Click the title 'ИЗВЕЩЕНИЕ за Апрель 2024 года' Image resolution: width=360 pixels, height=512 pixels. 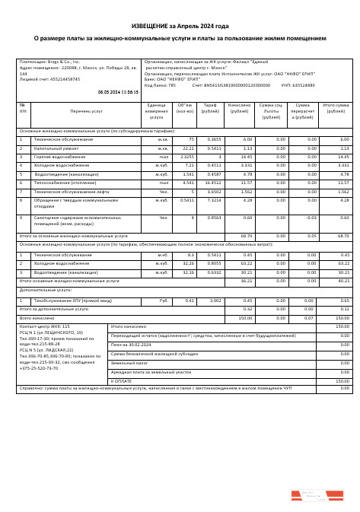[x=180, y=26]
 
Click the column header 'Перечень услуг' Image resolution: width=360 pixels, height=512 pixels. [x=86, y=111]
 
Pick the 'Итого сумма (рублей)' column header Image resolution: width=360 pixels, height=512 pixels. [x=336, y=111]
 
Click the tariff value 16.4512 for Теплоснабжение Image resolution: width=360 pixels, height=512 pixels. [x=212, y=183]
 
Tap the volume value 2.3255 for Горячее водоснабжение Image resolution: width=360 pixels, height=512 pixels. [x=187, y=157]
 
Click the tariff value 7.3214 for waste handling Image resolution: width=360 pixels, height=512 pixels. [x=213, y=200]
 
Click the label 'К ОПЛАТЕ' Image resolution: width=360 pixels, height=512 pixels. [x=122, y=380]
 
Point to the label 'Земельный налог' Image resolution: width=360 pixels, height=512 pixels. [x=127, y=363]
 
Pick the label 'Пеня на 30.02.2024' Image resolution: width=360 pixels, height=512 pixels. [x=131, y=345]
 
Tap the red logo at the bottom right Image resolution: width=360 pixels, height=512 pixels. [x=317, y=495]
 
